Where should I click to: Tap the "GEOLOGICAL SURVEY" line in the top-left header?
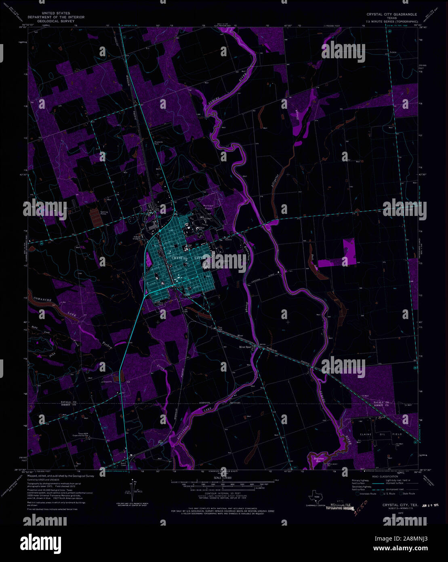tap(56, 21)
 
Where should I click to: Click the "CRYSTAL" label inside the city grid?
tap(181, 258)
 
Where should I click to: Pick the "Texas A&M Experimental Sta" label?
tap(86, 435)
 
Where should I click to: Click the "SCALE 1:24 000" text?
tap(223, 477)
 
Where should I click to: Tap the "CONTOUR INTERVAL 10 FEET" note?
tap(223, 494)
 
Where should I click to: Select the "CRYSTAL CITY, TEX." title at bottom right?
tap(400, 505)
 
